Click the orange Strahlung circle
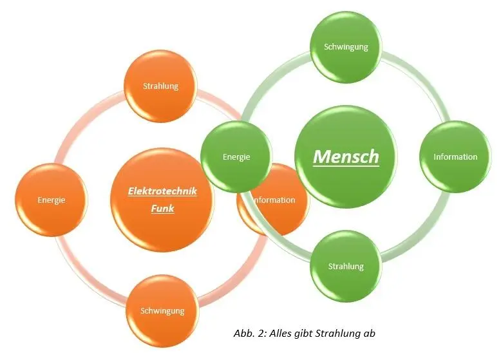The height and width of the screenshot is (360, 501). coord(160,86)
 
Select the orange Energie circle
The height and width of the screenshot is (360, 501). coord(50,200)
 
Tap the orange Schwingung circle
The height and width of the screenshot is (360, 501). coord(162,311)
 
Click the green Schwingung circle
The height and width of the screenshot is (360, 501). coord(346,47)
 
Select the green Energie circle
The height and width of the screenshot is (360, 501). coord(236,156)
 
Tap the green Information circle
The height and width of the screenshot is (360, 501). coord(455,156)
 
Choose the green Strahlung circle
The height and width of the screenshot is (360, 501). coord(346,266)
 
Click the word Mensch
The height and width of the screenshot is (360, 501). coord(346,156)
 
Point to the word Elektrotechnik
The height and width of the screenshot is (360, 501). coord(162,191)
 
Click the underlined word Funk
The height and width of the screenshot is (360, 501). coord(162,208)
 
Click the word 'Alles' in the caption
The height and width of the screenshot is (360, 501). coord(278,334)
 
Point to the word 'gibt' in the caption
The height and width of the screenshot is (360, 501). coord(302,334)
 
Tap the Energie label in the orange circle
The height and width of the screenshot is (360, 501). coord(50,200)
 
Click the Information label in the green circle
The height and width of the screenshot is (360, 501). coord(455,156)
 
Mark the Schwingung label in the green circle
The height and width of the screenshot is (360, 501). coord(346,47)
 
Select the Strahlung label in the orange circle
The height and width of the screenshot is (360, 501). coord(160,86)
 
